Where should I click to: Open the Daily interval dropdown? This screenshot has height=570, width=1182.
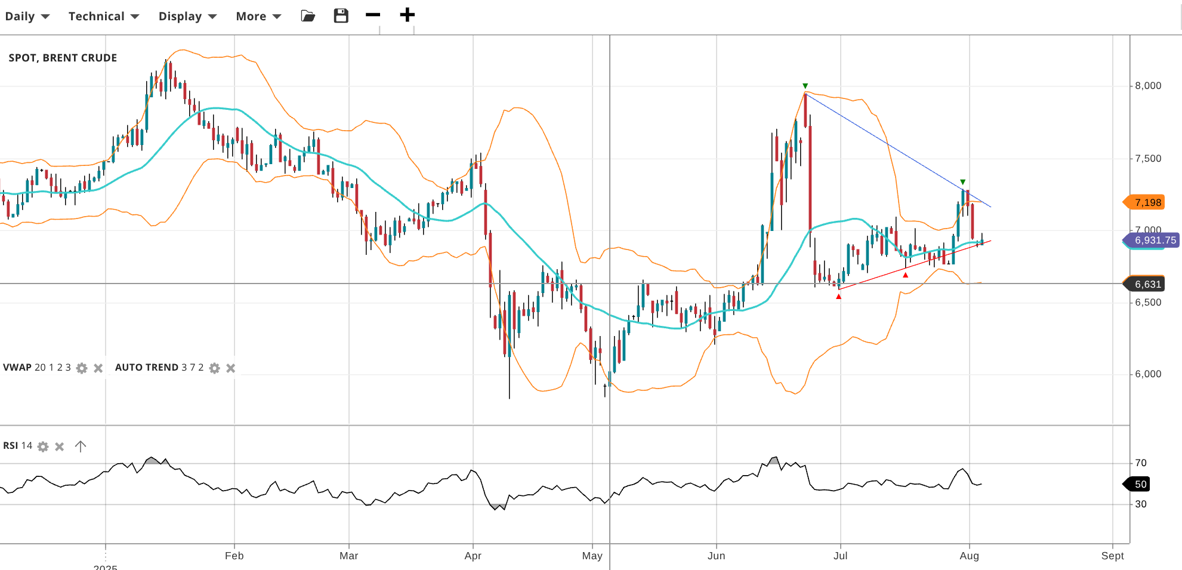click(x=27, y=16)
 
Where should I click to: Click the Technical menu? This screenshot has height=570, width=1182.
click(x=103, y=16)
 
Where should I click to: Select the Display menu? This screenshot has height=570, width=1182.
click(x=187, y=16)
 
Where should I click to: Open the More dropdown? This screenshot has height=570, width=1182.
click(x=258, y=16)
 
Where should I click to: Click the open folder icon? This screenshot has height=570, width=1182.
click(x=308, y=16)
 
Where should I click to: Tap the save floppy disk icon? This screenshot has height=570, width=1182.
click(x=341, y=16)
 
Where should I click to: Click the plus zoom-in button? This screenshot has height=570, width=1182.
click(x=407, y=15)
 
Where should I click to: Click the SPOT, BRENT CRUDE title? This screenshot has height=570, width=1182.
click(x=63, y=58)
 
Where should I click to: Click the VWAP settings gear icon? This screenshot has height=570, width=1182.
click(x=82, y=368)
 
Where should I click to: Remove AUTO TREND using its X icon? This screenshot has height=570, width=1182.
click(x=231, y=368)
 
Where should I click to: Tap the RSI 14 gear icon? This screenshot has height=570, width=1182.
click(x=43, y=446)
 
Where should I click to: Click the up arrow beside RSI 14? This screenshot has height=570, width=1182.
click(x=81, y=446)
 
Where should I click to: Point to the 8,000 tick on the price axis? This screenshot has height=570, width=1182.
click(x=1147, y=86)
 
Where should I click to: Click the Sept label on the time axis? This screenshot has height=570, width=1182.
click(x=1112, y=556)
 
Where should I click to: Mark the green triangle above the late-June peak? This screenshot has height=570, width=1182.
click(x=805, y=86)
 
